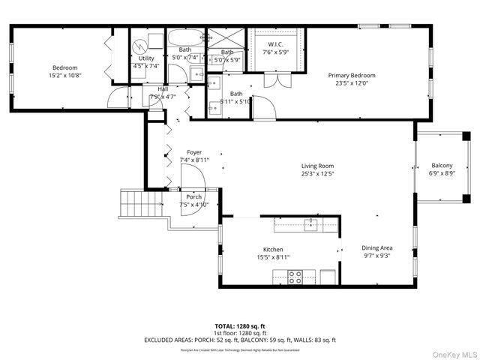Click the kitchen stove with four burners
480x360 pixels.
tap(295, 277)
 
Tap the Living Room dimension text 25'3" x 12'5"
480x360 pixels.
tap(317, 174)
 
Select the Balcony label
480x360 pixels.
tap(442, 166)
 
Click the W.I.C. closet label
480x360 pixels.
tap(275, 45)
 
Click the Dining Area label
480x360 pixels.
tap(377, 248)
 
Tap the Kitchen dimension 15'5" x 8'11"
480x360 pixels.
tap(272, 258)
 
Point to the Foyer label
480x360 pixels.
tap(194, 152)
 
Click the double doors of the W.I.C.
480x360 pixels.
tap(275, 79)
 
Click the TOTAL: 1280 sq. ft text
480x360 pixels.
tap(239, 325)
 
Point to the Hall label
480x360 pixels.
tap(163, 88)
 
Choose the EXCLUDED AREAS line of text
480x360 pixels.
tap(239, 340)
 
